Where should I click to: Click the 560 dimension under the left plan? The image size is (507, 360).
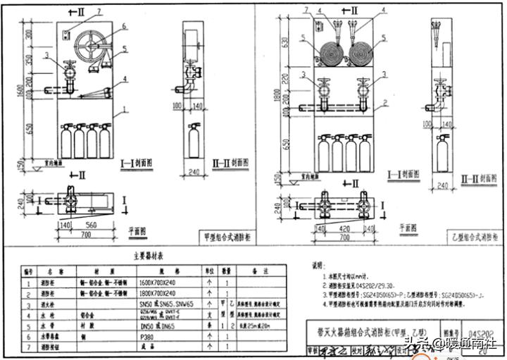89,224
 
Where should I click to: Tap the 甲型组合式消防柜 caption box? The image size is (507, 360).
224,237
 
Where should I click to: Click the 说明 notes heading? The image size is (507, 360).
319,266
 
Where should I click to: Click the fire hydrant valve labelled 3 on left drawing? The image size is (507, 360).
70,73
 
